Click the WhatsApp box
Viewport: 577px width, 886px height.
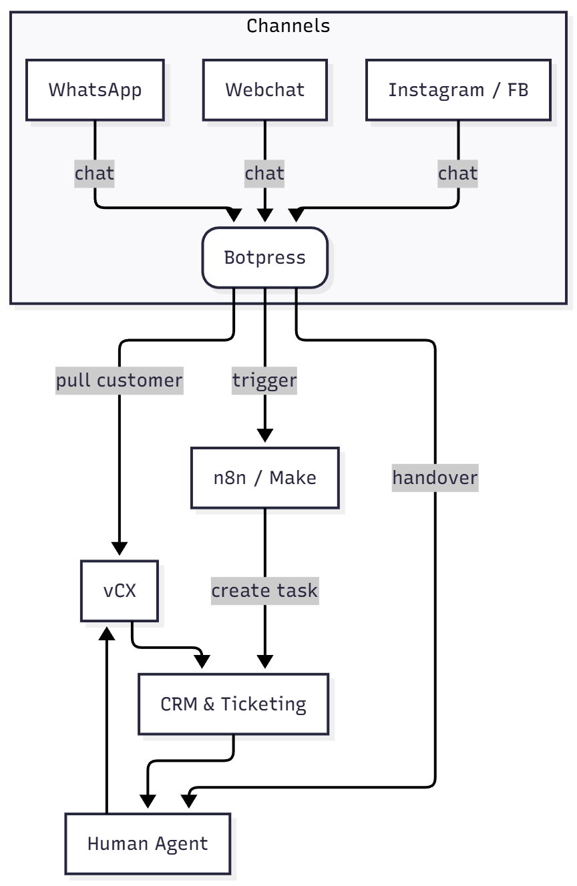95,90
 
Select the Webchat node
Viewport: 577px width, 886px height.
265,90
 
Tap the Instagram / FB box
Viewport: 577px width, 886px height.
458,90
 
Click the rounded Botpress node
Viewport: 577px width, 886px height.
265,258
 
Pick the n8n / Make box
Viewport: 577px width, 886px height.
265,478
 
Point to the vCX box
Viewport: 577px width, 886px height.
120,591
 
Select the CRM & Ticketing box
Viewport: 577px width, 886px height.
233,704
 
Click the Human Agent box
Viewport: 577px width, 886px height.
148,843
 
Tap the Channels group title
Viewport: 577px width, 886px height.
288,26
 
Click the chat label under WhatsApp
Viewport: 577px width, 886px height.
95,174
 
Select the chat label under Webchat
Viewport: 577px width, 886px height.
265,174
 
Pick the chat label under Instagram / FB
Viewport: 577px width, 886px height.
458,174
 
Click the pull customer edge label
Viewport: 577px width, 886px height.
119,381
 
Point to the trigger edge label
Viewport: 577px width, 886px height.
264,381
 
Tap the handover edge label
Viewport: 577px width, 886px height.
435,478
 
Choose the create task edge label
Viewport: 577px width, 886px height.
265,591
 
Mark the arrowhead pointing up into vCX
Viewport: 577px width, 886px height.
107,631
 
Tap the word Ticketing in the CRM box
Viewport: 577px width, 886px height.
264,704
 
